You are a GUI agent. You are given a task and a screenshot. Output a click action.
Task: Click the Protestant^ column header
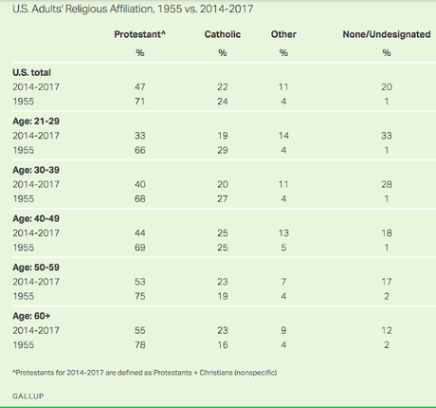pos(140,34)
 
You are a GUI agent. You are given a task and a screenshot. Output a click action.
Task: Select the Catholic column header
pos(223,34)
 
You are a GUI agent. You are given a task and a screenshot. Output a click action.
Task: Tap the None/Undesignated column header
pos(387,34)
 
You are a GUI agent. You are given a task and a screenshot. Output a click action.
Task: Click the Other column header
pos(283,34)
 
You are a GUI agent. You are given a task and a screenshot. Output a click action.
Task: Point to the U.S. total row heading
pos(31,72)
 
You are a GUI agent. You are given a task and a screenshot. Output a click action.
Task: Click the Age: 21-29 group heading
pos(36,121)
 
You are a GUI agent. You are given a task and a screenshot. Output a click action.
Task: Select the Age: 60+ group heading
pos(31,316)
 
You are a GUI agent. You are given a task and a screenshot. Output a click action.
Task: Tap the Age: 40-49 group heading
pos(36,218)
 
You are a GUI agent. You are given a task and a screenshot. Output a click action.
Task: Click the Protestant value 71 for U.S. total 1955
pos(140,102)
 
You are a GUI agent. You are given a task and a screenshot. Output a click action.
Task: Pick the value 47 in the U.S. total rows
pos(140,87)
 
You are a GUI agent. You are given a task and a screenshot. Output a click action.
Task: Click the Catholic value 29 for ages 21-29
pos(223,150)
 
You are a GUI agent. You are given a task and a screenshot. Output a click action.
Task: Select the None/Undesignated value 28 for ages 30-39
pos(387,184)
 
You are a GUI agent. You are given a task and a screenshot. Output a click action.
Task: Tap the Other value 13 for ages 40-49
pos(283,233)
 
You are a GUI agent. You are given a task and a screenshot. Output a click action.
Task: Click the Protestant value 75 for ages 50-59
pos(140,296)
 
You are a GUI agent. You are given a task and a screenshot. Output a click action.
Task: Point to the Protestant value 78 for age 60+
pos(140,345)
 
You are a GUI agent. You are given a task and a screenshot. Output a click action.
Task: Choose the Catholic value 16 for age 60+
pos(223,345)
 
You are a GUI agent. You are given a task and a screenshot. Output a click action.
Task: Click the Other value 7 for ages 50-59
pos(283,282)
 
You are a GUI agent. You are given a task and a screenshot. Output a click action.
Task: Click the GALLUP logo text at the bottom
pos(28,396)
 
